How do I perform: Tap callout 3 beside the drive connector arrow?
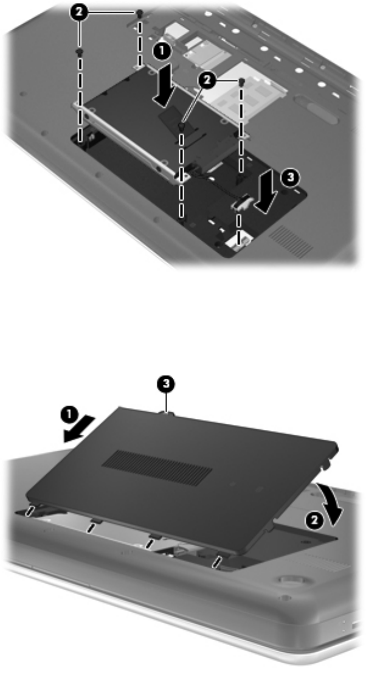point(290,177)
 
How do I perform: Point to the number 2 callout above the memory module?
point(208,80)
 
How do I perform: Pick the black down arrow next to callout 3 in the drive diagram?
point(265,196)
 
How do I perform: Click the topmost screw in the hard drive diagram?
point(139,15)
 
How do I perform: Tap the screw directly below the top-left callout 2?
point(78,52)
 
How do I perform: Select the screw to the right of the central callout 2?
point(242,81)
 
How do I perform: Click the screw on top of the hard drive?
point(182,126)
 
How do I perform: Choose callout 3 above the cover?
point(166,383)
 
